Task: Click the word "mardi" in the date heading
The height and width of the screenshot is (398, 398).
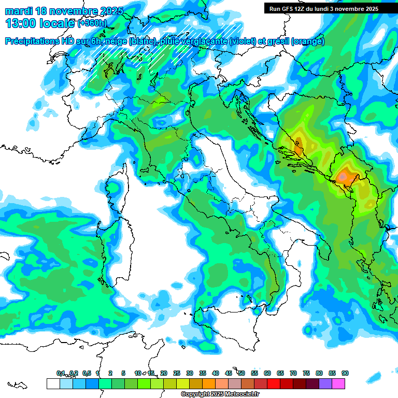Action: [19, 10]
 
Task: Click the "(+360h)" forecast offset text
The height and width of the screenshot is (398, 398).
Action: [92, 23]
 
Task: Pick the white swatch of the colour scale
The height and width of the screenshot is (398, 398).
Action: [53, 384]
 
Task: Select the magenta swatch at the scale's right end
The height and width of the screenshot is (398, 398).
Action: [338, 384]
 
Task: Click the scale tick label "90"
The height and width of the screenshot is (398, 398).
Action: [345, 373]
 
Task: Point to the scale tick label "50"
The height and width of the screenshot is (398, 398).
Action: [241, 373]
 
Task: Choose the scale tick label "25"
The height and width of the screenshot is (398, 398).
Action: [177, 373]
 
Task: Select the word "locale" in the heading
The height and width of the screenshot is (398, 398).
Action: [57, 23]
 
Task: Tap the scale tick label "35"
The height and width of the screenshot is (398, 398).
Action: [203, 373]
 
